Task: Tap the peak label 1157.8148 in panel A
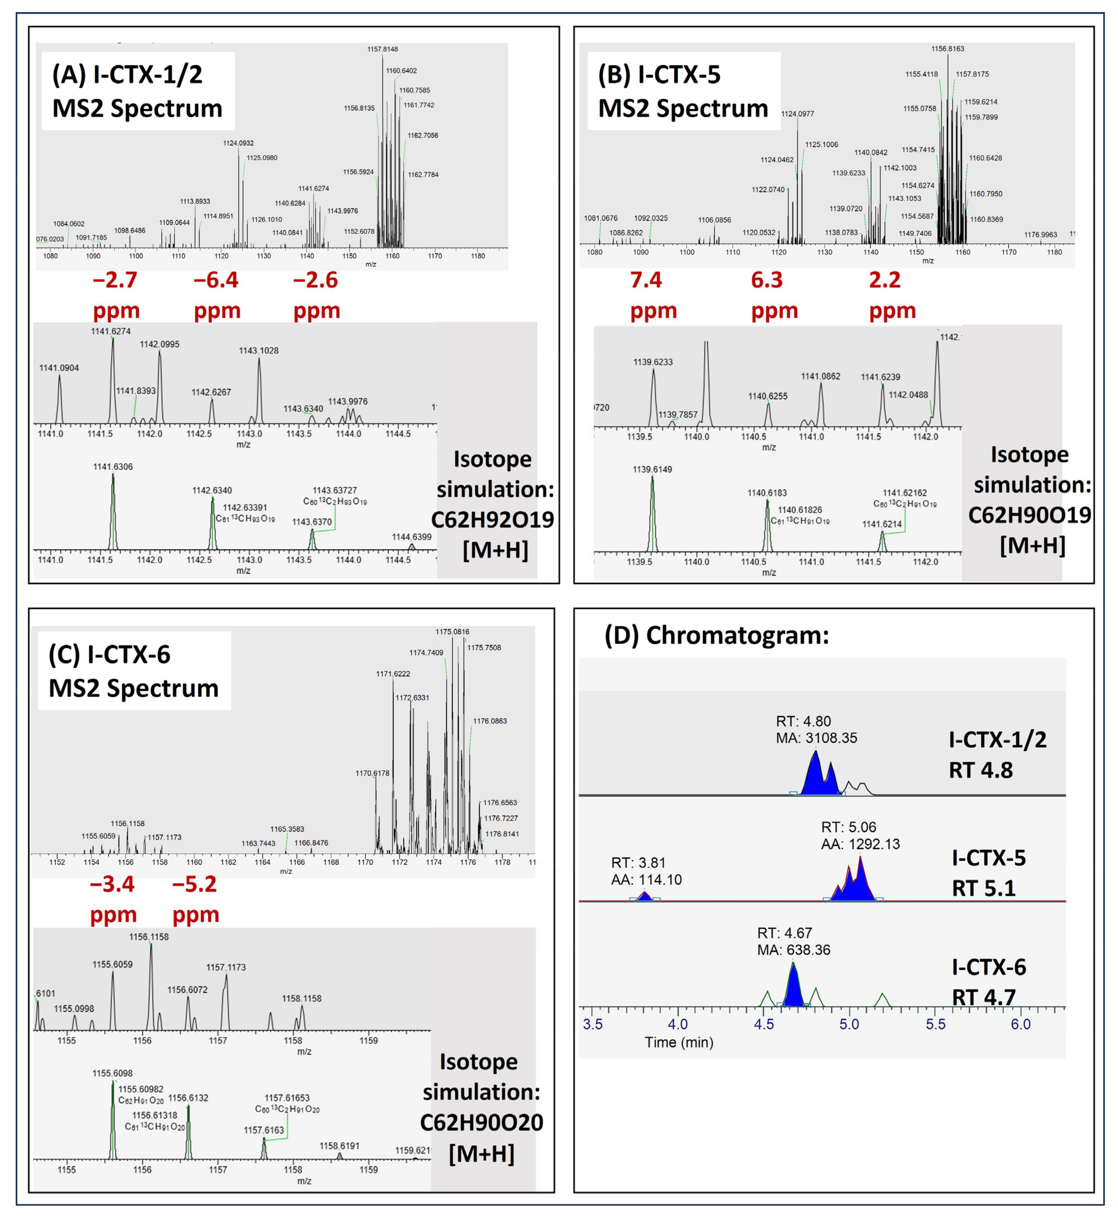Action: pyautogui.click(x=382, y=49)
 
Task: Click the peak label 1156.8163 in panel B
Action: pyautogui.click(x=947, y=48)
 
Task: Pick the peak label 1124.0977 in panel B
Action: pyautogui.click(x=797, y=114)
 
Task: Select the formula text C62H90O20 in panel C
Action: pyautogui.click(x=482, y=1123)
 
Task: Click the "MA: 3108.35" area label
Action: pyautogui.click(x=816, y=738)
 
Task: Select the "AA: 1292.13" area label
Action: pyautogui.click(x=860, y=844)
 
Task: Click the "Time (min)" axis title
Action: pyautogui.click(x=679, y=1042)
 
